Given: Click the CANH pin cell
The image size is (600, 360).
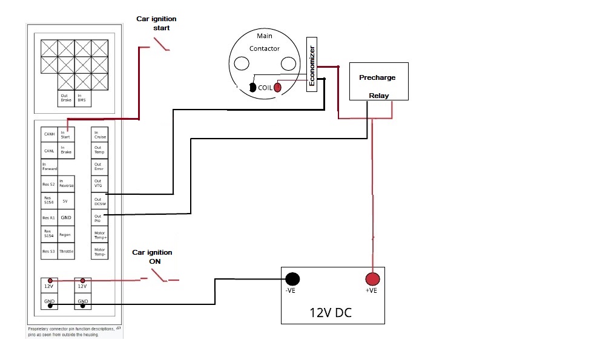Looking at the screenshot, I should (x=50, y=134).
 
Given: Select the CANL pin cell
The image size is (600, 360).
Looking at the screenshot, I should (x=50, y=151).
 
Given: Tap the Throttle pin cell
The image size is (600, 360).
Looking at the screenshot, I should (x=66, y=251).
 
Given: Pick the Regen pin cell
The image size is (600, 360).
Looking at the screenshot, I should (x=66, y=234).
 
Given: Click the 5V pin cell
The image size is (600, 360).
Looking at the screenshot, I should (x=66, y=200).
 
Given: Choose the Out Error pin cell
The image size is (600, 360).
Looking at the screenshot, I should (x=99, y=167).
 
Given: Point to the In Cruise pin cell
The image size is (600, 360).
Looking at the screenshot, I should (x=99, y=134).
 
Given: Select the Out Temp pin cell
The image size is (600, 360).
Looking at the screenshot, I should (x=99, y=151).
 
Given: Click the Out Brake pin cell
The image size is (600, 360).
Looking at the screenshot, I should (x=65, y=97).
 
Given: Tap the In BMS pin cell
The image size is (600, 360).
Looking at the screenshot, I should (x=82, y=97).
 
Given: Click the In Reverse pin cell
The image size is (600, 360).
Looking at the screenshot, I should (x=66, y=184).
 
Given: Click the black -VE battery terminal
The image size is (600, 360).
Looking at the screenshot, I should (x=293, y=279).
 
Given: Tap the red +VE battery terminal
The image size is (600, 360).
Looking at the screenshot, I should (x=372, y=279).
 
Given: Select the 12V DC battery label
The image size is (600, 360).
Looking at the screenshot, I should (x=331, y=313).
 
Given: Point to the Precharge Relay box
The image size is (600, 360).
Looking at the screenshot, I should (x=379, y=81).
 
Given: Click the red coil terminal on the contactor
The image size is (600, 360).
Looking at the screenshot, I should (x=278, y=88).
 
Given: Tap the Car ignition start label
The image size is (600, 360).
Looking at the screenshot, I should (x=156, y=23).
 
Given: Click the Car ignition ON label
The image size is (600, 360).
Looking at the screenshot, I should (x=152, y=257).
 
